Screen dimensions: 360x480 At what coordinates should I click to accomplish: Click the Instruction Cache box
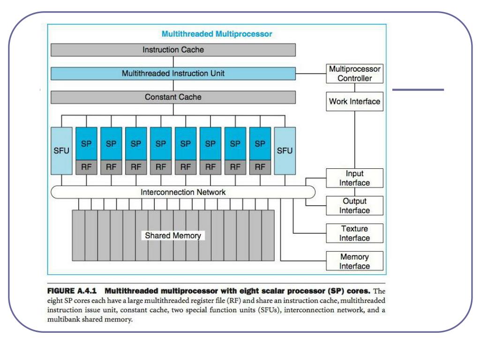tap(173, 49)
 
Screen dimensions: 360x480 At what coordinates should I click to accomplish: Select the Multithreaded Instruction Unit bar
tap(173, 74)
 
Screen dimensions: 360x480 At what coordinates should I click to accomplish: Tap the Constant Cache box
tap(173, 97)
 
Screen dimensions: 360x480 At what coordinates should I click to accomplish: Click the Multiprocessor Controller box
tap(355, 74)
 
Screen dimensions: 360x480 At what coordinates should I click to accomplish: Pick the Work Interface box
tap(355, 101)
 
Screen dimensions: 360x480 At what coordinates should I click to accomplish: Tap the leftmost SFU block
tap(61, 150)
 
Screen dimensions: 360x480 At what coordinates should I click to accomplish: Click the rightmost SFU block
tap(285, 150)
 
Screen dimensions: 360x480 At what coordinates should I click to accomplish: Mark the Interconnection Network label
tap(183, 192)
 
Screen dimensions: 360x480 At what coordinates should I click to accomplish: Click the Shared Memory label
tap(172, 235)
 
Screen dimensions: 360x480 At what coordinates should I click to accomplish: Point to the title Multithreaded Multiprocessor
tap(217, 34)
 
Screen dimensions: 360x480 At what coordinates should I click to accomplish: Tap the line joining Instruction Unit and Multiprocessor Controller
tap(311, 74)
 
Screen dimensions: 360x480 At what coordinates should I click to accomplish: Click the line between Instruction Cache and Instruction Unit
tap(173, 61)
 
